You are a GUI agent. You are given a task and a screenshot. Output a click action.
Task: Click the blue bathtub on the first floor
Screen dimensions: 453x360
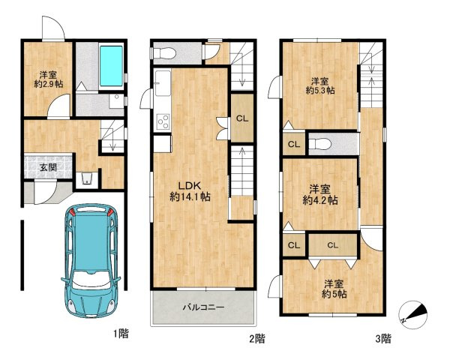111,65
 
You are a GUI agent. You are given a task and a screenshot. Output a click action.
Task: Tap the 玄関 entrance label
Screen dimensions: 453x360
48,167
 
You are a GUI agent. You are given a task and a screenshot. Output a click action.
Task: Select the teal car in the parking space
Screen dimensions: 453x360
91,260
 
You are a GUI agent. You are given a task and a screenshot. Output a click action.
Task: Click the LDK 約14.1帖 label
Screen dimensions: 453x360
190,191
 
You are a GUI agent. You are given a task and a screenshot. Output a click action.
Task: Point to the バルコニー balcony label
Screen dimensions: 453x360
203,307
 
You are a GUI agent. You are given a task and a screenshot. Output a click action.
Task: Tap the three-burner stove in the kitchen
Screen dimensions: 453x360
163,122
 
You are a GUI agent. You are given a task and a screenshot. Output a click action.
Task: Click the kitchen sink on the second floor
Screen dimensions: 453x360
163,83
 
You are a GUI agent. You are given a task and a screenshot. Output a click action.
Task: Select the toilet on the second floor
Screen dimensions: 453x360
163,53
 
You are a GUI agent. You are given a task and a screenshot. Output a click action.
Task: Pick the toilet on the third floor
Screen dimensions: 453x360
319,144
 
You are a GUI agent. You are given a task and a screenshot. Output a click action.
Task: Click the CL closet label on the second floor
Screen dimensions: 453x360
242,118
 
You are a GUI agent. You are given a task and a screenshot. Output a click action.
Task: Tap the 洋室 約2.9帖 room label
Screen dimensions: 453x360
49,79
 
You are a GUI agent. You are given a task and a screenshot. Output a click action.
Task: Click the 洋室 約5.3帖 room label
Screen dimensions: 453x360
320,85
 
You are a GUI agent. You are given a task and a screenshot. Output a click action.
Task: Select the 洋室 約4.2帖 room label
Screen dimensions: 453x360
320,195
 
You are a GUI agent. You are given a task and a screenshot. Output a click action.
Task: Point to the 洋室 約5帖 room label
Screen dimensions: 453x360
334,289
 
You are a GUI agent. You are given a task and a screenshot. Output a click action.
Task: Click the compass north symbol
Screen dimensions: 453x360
412,314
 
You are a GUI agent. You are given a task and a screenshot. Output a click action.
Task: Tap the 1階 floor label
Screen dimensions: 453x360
121,334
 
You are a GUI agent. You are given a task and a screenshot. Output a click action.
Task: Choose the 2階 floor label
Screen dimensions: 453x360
257,338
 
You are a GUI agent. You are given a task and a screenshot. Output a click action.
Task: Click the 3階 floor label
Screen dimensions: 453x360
384,338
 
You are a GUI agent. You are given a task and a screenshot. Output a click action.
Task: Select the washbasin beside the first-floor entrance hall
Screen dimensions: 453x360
86,178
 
